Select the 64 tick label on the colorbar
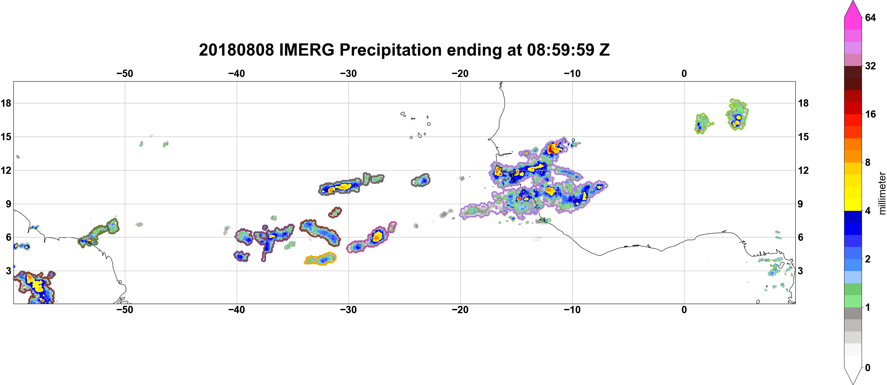point(870,17)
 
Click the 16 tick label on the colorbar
point(870,114)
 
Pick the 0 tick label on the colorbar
point(868,368)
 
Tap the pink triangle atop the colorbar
point(852,9)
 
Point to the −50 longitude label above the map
point(125,74)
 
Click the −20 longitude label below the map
point(460,310)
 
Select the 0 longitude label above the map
point(684,74)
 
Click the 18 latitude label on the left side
point(6,103)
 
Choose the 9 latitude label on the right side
point(800,204)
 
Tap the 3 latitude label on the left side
point(8,271)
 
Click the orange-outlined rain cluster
point(320,258)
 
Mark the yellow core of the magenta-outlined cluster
point(378,236)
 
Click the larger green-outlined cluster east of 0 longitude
point(737,114)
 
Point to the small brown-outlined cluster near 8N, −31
point(335,212)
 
